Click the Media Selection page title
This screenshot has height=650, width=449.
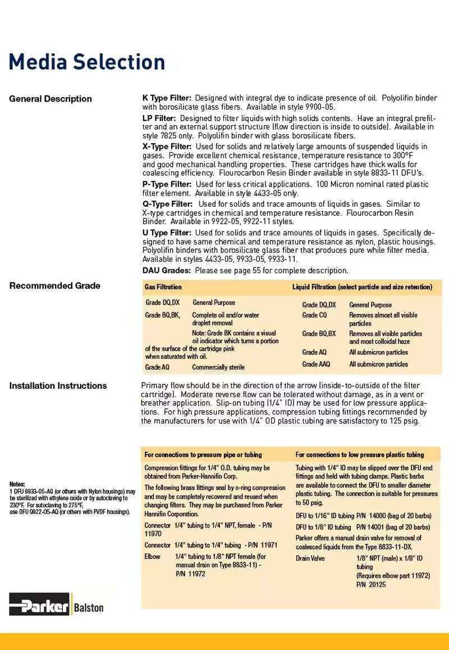[87, 62]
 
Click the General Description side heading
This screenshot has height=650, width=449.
[50, 99]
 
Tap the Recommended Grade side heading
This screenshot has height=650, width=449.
[54, 285]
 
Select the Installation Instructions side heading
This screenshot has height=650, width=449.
[58, 385]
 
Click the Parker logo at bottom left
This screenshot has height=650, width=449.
[39, 606]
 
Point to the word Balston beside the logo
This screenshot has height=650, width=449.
[89, 607]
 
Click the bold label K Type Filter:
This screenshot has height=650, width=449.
[167, 98]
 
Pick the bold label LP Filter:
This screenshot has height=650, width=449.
[159, 119]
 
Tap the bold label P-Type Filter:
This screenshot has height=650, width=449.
[167, 184]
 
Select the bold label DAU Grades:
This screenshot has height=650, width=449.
[167, 270]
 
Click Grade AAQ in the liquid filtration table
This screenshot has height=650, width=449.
[316, 364]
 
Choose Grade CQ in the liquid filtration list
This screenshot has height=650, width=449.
[314, 315]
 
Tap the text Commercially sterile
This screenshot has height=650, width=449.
[218, 367]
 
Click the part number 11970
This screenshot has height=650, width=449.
[153, 534]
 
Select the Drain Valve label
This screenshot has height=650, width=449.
[310, 558]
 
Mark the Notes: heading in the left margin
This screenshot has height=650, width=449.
[17, 484]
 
